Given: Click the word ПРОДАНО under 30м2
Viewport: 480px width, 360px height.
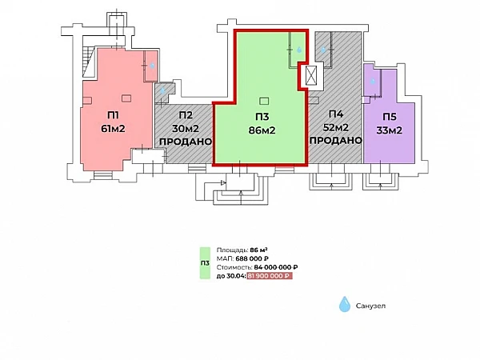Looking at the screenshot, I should tap(185, 142).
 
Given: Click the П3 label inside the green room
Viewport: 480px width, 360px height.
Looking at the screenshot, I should tap(262, 116).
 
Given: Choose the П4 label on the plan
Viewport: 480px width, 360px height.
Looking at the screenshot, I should tap(335, 115).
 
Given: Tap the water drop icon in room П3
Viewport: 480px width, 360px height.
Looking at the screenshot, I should tap(299, 50).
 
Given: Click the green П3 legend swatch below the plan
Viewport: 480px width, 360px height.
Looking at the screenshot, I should tap(205, 263).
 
